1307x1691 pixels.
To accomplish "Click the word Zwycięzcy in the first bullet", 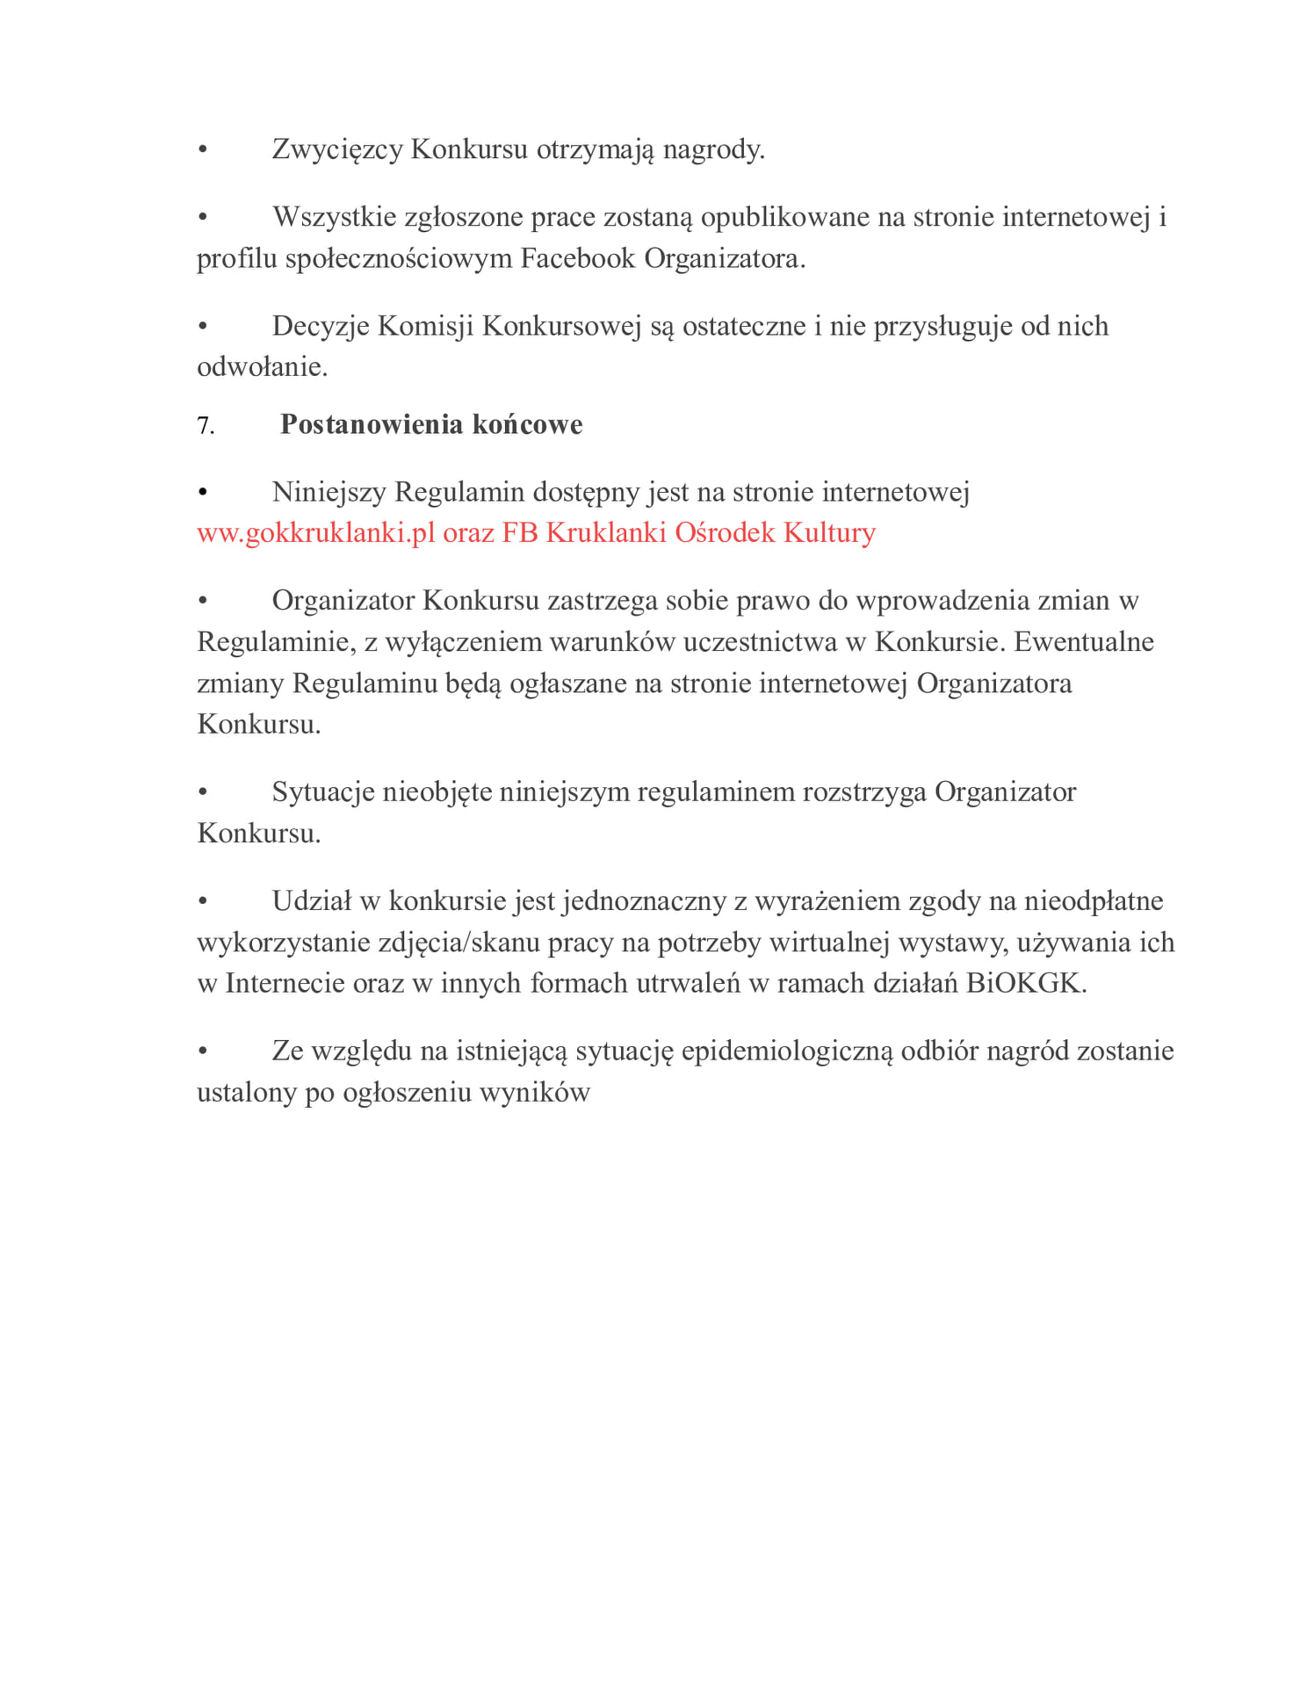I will pos(337,149).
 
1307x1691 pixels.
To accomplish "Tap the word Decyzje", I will pos(321,326).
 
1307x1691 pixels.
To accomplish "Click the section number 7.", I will pos(205,425).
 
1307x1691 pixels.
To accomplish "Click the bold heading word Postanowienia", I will pos(372,424).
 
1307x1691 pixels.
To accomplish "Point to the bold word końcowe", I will pos(527,424).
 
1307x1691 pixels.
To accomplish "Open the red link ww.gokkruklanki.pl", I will pos(315,533).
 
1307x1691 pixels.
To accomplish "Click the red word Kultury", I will pos(829,533).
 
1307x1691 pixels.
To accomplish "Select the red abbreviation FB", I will pos(519,533).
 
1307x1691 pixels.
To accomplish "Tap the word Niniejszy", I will pos(329,492).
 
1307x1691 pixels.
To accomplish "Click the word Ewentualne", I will pos(1083,642).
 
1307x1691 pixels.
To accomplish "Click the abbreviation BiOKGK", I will pos(1025,983).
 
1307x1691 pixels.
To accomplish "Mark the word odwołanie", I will pos(262,367).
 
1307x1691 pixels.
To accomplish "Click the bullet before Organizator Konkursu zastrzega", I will pos(203,601).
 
